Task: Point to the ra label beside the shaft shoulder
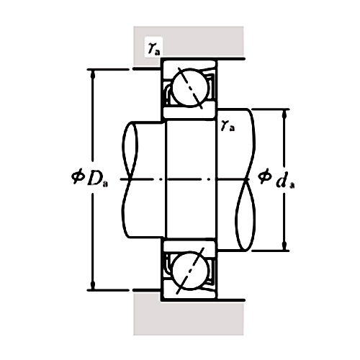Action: coord(228,126)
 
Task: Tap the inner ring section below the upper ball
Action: coord(191,110)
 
